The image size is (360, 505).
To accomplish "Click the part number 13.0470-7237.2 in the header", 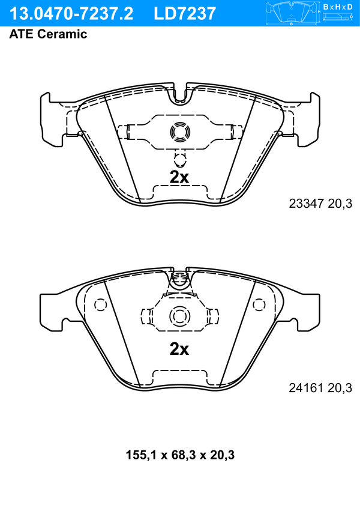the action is [71, 14].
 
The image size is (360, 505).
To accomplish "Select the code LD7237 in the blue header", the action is [185, 14].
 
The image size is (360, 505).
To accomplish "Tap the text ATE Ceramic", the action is [48, 34].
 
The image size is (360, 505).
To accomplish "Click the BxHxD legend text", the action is [338, 7].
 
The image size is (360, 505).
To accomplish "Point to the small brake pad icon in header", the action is [292, 13].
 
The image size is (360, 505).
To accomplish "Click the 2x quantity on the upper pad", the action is [179, 177].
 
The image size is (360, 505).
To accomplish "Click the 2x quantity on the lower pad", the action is [179, 349].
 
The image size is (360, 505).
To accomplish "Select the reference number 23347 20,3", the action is [320, 204].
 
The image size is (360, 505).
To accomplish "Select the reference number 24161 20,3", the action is [320, 388].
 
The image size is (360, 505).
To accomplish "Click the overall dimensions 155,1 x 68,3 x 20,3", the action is [180, 455].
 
